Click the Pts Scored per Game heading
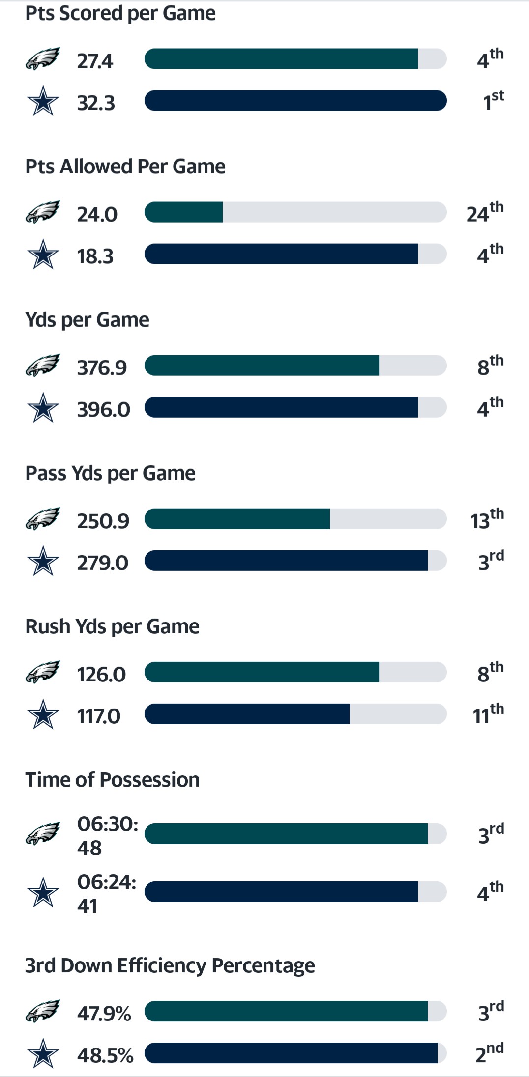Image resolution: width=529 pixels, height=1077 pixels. point(120,13)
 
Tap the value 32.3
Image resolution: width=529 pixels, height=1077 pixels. point(96,103)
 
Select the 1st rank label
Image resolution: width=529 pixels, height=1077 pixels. point(493,101)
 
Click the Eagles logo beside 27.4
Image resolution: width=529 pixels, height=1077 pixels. point(43,59)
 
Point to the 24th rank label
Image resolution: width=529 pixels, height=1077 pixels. point(485,212)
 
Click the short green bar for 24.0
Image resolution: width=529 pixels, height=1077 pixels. point(184,212)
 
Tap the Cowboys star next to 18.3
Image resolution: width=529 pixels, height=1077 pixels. point(43,255)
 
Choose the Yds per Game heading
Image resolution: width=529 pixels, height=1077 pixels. point(87,320)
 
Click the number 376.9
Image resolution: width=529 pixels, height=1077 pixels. point(102,368)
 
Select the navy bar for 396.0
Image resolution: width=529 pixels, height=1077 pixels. point(281,407)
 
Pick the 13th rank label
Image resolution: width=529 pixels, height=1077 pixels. point(487,519)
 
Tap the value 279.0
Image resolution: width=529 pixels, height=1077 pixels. point(102,563)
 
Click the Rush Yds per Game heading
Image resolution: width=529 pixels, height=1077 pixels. point(112,626)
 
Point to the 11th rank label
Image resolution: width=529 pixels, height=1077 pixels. point(488,714)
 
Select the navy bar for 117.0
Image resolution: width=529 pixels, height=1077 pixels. point(247,714)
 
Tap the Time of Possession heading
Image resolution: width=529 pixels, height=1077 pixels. point(112,780)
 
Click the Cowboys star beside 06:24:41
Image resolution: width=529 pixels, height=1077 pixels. point(43,892)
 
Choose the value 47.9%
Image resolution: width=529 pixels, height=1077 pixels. point(104,1013)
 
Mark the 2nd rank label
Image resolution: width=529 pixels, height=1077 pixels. point(489,1053)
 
